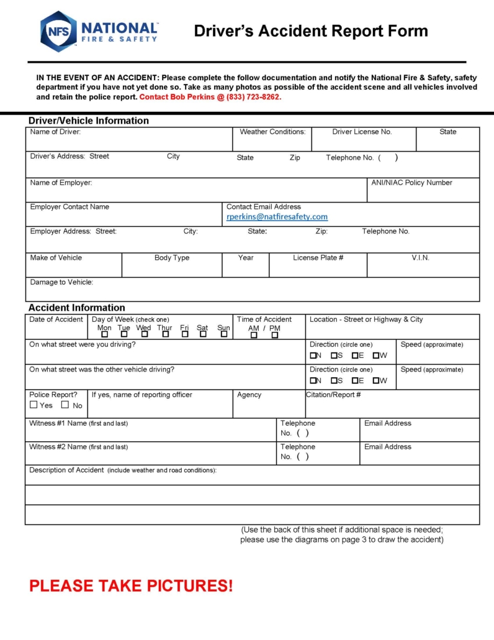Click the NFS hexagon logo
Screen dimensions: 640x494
(x=58, y=31)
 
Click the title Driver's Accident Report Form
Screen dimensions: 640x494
(x=310, y=31)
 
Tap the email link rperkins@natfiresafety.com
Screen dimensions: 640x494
(x=277, y=217)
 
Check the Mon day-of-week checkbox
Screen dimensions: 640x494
(x=104, y=334)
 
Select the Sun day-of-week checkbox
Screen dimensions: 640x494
(x=223, y=334)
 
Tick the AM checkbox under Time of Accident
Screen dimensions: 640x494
(x=253, y=335)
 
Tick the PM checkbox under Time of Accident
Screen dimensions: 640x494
(x=275, y=335)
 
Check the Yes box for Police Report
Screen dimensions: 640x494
(x=34, y=405)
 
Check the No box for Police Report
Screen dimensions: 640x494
(x=65, y=405)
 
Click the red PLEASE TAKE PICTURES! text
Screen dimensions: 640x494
(x=131, y=585)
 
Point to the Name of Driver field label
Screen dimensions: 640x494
(x=55, y=132)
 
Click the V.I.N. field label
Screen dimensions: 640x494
(x=420, y=258)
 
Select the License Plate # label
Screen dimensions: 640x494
(x=318, y=258)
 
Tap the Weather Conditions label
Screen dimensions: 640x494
(x=272, y=132)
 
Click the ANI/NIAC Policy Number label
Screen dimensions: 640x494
(x=411, y=183)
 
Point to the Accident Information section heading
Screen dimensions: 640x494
(x=76, y=308)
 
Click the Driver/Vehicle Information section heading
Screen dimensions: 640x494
(x=88, y=121)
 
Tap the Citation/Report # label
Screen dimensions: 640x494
(x=334, y=395)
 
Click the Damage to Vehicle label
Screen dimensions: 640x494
(x=61, y=282)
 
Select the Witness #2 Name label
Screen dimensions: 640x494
(x=78, y=447)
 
